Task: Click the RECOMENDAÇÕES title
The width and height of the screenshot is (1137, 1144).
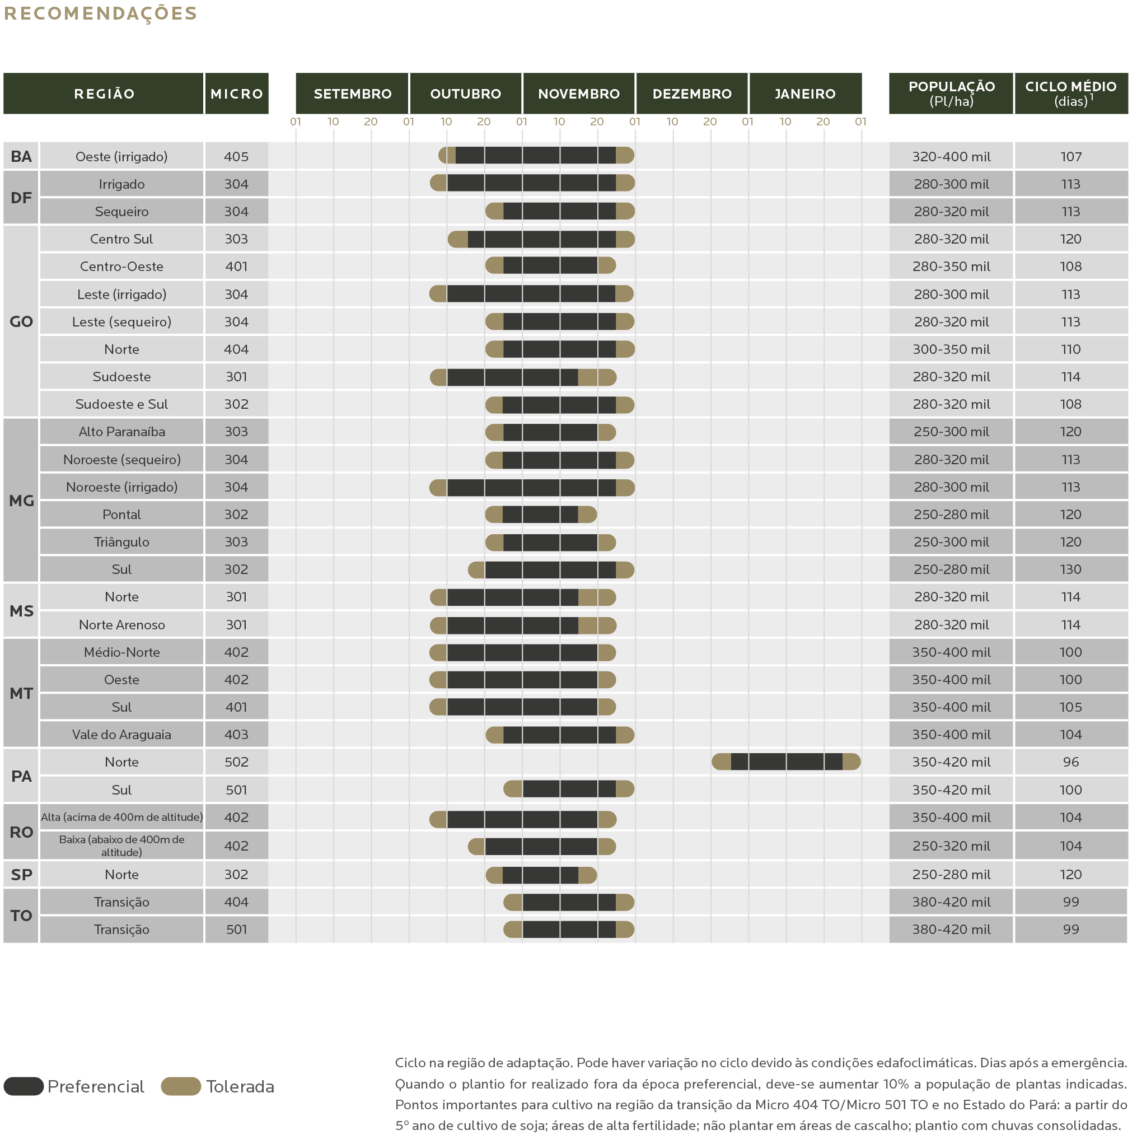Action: pyautogui.click(x=101, y=13)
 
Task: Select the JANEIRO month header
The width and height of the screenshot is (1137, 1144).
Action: pyautogui.click(x=805, y=94)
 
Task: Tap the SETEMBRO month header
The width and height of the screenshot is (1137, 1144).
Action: pyautogui.click(x=352, y=94)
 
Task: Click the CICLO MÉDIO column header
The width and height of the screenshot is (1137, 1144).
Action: pyautogui.click(x=1071, y=94)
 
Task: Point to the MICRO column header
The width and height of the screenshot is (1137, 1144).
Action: pyautogui.click(x=236, y=94)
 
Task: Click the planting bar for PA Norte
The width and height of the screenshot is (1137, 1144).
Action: pyautogui.click(x=785, y=762)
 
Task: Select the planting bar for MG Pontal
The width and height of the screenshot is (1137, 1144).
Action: pyautogui.click(x=540, y=515)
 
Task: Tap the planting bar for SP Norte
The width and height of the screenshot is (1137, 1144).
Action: pyautogui.click(x=540, y=875)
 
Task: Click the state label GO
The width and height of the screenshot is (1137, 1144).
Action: pyautogui.click(x=21, y=321)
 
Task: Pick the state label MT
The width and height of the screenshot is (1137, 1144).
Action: pyautogui.click(x=21, y=693)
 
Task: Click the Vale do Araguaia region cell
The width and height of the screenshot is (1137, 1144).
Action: pyautogui.click(x=121, y=734)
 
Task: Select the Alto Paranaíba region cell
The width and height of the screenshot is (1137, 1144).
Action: pyautogui.click(x=121, y=432)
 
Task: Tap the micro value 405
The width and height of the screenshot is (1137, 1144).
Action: pyautogui.click(x=236, y=156)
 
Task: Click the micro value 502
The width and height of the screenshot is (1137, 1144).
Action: pyautogui.click(x=236, y=762)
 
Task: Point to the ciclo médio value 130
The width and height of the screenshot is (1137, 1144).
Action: pyautogui.click(x=1071, y=569)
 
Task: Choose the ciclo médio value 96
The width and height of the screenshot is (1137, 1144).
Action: pyautogui.click(x=1071, y=762)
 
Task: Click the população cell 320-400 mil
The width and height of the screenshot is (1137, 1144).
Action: pyautogui.click(x=951, y=156)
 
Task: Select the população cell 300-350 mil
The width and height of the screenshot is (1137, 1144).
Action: pyautogui.click(x=951, y=349)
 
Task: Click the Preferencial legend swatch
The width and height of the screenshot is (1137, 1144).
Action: pyautogui.click(x=24, y=1086)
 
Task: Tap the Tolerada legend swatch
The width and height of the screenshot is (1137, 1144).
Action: pyautogui.click(x=181, y=1086)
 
